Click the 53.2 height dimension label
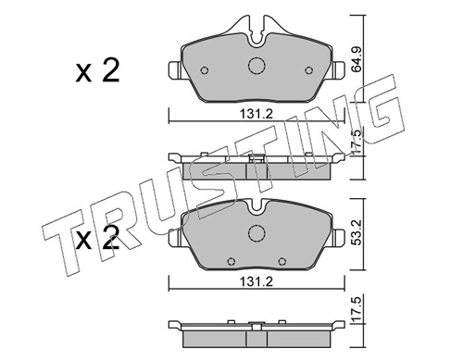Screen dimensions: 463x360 (357, 233)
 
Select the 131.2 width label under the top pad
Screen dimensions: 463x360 (257, 115)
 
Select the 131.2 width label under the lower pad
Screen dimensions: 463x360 (257, 281)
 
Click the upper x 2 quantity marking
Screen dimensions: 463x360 (97, 71)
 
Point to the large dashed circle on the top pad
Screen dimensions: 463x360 (257, 66)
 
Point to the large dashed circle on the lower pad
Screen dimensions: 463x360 (257, 233)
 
